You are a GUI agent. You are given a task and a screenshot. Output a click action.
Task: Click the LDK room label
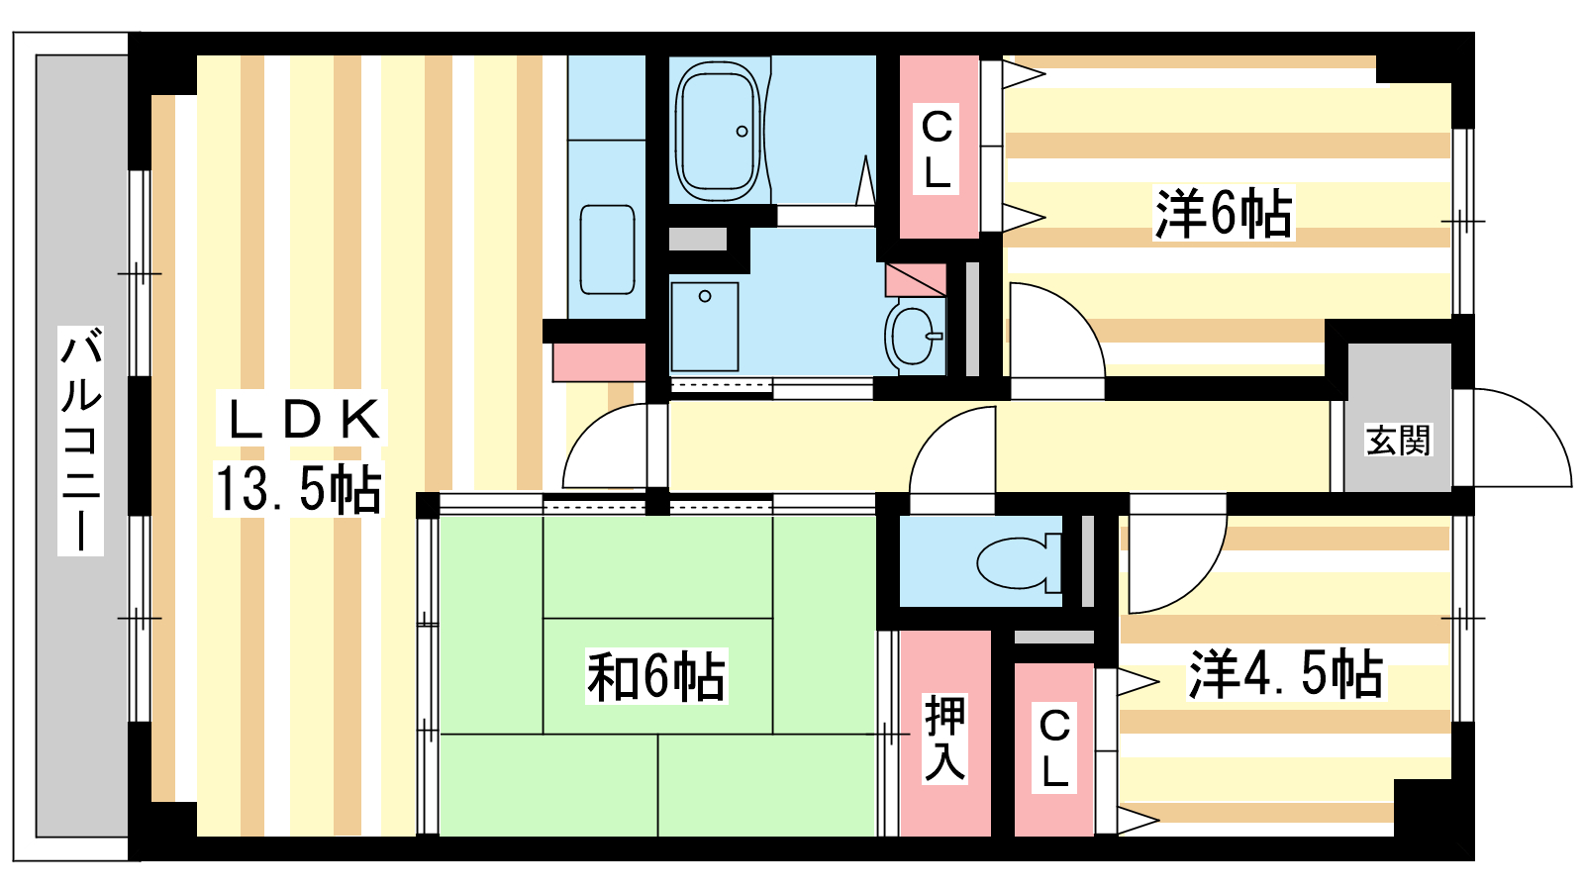pyautogui.click(x=302, y=420)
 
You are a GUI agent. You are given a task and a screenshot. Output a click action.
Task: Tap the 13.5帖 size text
pyautogui.click(x=298, y=489)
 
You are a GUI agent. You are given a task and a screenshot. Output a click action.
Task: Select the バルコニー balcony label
pyautogui.click(x=81, y=440)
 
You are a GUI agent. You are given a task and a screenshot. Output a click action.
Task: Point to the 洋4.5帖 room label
pyautogui.click(x=1286, y=673)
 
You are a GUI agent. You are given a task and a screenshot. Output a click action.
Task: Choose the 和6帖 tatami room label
pyautogui.click(x=656, y=677)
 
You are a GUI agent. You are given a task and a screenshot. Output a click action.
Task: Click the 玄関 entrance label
pyautogui.click(x=1398, y=440)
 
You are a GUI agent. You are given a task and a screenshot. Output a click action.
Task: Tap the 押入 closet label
pyautogui.click(x=944, y=739)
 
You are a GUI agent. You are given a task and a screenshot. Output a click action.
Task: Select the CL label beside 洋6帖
pyautogui.click(x=937, y=149)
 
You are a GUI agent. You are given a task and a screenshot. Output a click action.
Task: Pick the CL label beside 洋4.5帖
pyautogui.click(x=1053, y=748)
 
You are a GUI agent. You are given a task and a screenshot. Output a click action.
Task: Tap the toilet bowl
pyautogui.click(x=1019, y=563)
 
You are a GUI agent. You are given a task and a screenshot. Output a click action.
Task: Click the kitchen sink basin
pyautogui.click(x=607, y=249)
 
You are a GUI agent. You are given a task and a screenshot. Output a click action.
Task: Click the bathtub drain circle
pyautogui.click(x=742, y=131)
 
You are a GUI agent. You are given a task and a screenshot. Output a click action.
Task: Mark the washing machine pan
pyautogui.click(x=704, y=327)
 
